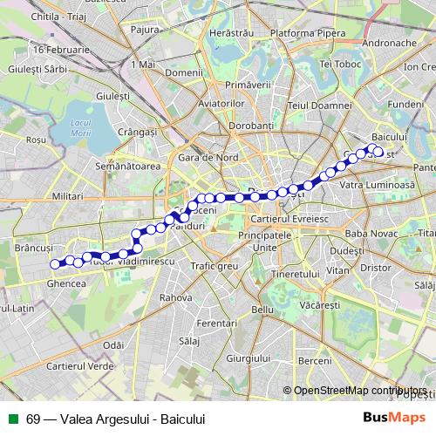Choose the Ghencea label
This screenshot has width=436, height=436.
pyautogui.click(x=66, y=283)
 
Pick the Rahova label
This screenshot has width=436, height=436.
pyautogui.click(x=175, y=297)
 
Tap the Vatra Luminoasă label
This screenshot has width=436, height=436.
pyautogui.click(x=377, y=186)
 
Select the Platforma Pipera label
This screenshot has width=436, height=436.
pyautogui.click(x=303, y=34)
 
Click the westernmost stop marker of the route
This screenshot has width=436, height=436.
pyautogui.click(x=55, y=263)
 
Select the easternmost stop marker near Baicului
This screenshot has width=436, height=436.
pyautogui.click(x=378, y=152)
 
